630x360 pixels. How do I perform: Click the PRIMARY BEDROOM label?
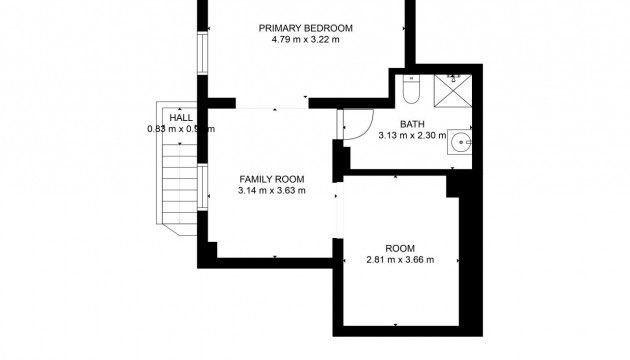point(305,28)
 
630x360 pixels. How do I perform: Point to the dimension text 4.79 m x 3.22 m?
point(305,41)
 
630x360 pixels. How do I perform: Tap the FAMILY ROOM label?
point(271,178)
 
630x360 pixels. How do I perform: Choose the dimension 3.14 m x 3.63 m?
point(271,190)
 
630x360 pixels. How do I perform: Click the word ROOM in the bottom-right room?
point(400,248)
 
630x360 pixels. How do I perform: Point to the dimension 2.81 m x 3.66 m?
point(400,260)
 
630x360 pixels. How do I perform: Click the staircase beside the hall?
point(176,180)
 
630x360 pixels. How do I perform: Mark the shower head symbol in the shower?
point(453,77)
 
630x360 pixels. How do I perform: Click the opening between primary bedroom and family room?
point(271,103)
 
